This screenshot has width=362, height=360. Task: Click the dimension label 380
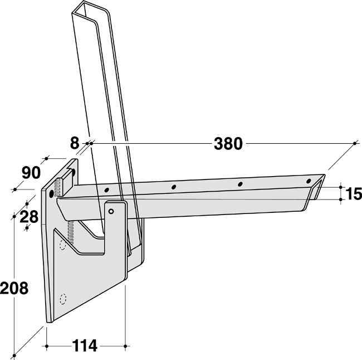(x=228, y=144)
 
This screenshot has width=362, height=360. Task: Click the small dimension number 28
(x=29, y=216)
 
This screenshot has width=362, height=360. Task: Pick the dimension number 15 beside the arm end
(x=353, y=193)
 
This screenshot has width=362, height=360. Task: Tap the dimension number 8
(x=75, y=143)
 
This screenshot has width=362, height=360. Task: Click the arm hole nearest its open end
(x=308, y=182)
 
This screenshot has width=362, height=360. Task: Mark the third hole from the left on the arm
(x=240, y=184)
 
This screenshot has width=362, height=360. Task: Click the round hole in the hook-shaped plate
(x=111, y=211)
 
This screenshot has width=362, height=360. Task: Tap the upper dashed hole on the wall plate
(x=62, y=243)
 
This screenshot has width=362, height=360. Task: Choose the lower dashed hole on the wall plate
(x=63, y=298)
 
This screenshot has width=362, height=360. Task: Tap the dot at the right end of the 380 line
(x=355, y=144)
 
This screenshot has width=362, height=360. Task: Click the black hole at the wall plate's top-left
(x=52, y=193)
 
